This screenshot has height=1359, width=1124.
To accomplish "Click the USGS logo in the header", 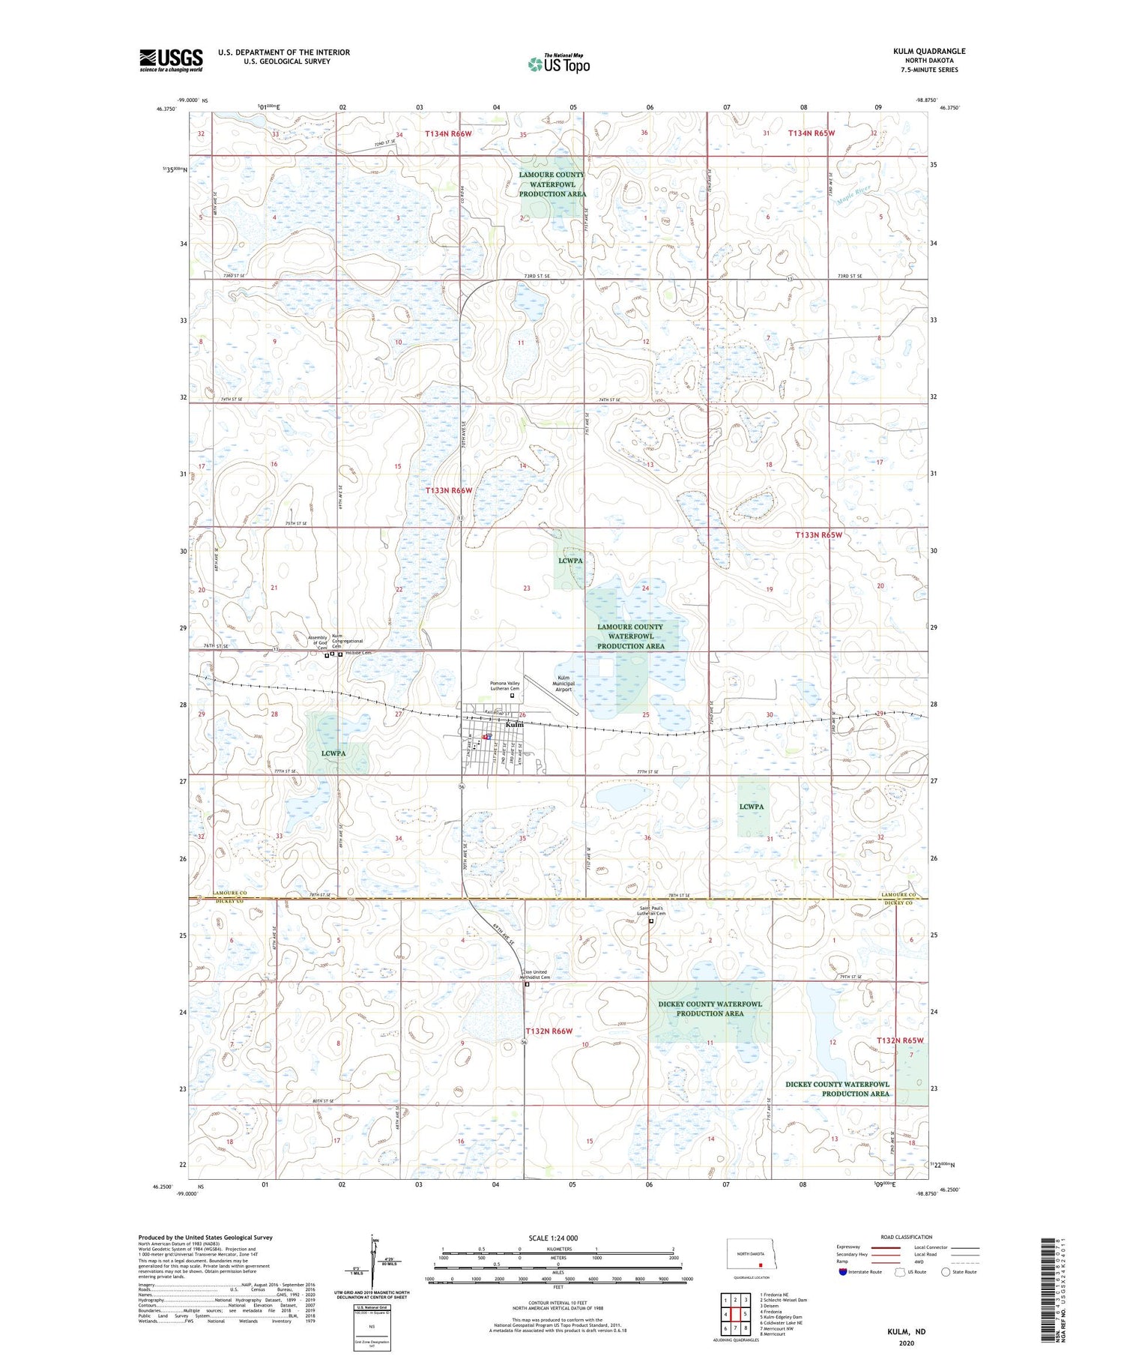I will pos(171,60).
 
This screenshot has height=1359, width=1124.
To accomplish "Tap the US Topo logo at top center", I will pos(558,64).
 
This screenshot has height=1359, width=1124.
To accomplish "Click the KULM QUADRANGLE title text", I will pos(928,51).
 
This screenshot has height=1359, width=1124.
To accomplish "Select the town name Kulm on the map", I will pos(514,725).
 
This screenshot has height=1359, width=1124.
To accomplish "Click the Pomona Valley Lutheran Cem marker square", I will pos(513,696).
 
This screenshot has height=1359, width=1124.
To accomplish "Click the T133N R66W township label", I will pos(449,490).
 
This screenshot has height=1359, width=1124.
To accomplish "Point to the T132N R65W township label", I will pos(900,1040).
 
